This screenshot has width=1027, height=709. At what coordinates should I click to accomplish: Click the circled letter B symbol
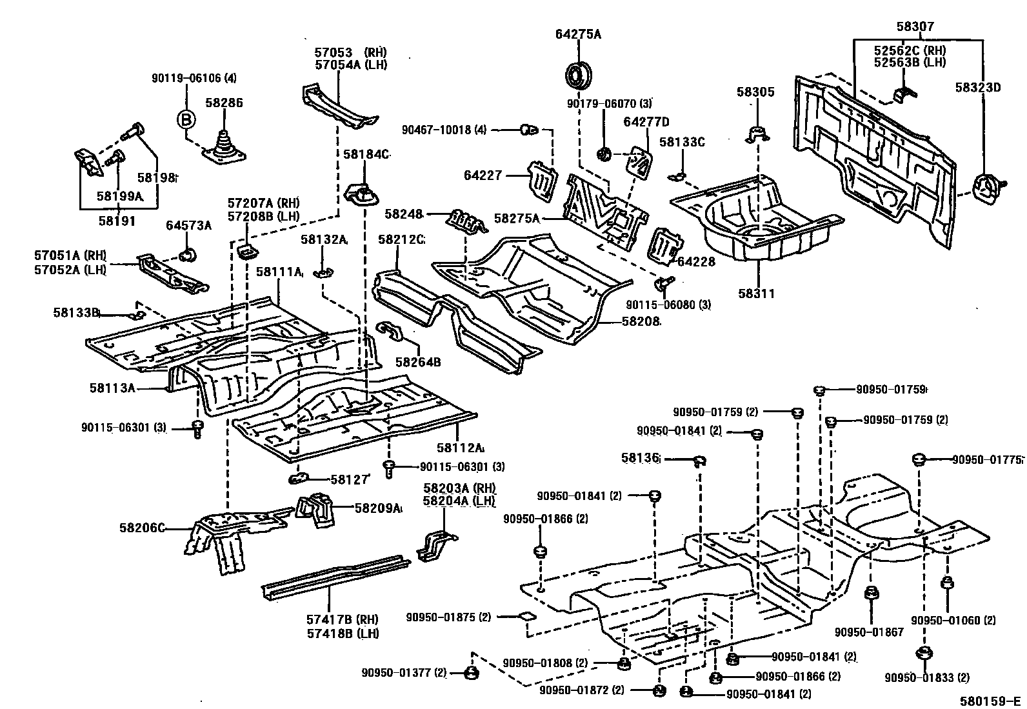[186, 120]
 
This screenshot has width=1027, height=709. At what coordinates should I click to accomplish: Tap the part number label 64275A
[578, 34]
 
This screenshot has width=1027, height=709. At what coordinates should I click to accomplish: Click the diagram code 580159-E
[990, 701]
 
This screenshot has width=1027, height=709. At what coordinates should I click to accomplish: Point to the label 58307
[915, 26]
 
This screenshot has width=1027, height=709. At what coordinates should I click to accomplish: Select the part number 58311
[756, 294]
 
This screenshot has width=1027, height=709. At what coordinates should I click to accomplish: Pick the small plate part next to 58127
[297, 478]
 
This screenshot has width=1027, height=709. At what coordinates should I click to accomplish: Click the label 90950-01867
[868, 632]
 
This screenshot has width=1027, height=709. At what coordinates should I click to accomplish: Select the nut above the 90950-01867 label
[868, 592]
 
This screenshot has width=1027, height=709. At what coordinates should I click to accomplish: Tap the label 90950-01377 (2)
[404, 674]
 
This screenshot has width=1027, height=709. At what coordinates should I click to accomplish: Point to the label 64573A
[188, 225]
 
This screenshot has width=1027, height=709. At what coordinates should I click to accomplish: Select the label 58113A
[112, 388]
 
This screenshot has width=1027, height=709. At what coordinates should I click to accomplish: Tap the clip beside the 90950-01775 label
[919, 459]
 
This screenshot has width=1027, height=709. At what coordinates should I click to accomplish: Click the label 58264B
[418, 362]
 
